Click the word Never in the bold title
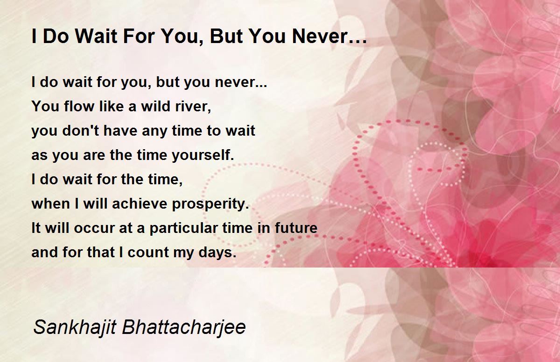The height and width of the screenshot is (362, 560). point(320,36)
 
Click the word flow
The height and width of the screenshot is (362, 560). point(79,106)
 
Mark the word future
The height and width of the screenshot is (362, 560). point(296,228)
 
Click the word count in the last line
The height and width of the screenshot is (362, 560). point(148,252)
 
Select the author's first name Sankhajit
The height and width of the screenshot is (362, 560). point(75,327)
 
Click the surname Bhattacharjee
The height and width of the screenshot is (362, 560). point(184,327)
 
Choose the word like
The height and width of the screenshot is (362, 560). point(112,106)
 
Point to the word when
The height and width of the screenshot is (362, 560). point(51,203)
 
